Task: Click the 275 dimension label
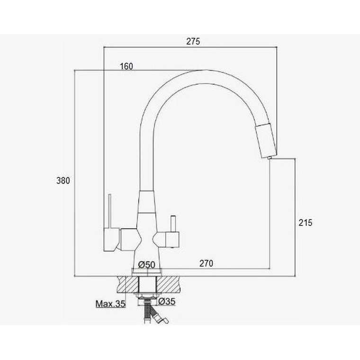click(193, 41)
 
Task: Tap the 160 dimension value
click(126, 66)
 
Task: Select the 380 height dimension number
click(63, 180)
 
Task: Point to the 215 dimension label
click(306, 223)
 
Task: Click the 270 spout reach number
click(206, 263)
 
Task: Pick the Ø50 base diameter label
click(147, 265)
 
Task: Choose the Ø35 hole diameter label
click(167, 301)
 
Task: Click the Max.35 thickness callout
click(110, 304)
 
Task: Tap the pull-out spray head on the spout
click(266, 140)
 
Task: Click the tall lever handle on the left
click(110, 211)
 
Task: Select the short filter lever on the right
click(173, 224)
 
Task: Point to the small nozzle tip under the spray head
click(270, 157)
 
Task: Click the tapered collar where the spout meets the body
click(146, 202)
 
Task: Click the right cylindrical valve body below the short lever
click(172, 240)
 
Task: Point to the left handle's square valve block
click(111, 240)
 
